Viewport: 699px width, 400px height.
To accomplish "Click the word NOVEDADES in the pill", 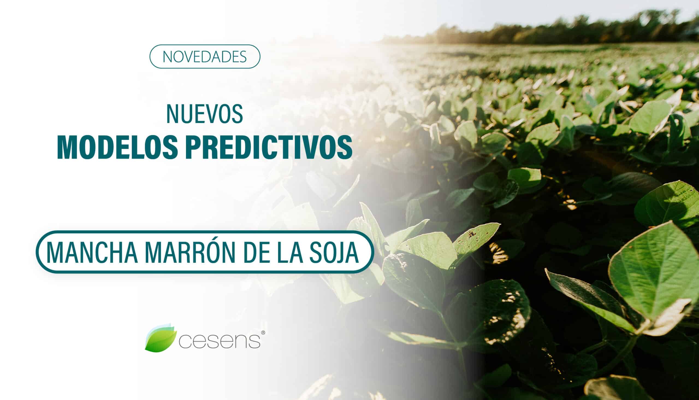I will [205, 56].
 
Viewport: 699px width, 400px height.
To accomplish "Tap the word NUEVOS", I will [205, 114].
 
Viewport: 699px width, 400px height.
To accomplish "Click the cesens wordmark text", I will [220, 341].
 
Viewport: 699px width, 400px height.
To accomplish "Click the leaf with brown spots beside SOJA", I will [475, 239].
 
